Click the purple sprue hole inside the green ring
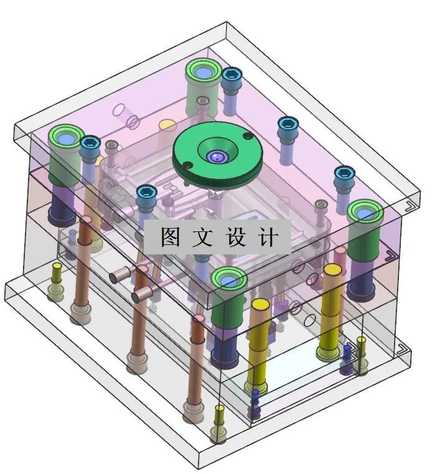click(215, 157)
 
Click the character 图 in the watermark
click(171, 237)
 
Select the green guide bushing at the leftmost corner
click(67, 137)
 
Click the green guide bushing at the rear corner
click(202, 72)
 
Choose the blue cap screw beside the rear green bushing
click(232, 75)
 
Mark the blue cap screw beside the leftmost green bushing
click(90, 144)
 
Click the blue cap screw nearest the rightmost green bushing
click(344, 174)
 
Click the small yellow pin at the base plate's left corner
click(57, 268)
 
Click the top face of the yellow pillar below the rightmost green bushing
click(332, 269)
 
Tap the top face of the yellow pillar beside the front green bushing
click(260, 305)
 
